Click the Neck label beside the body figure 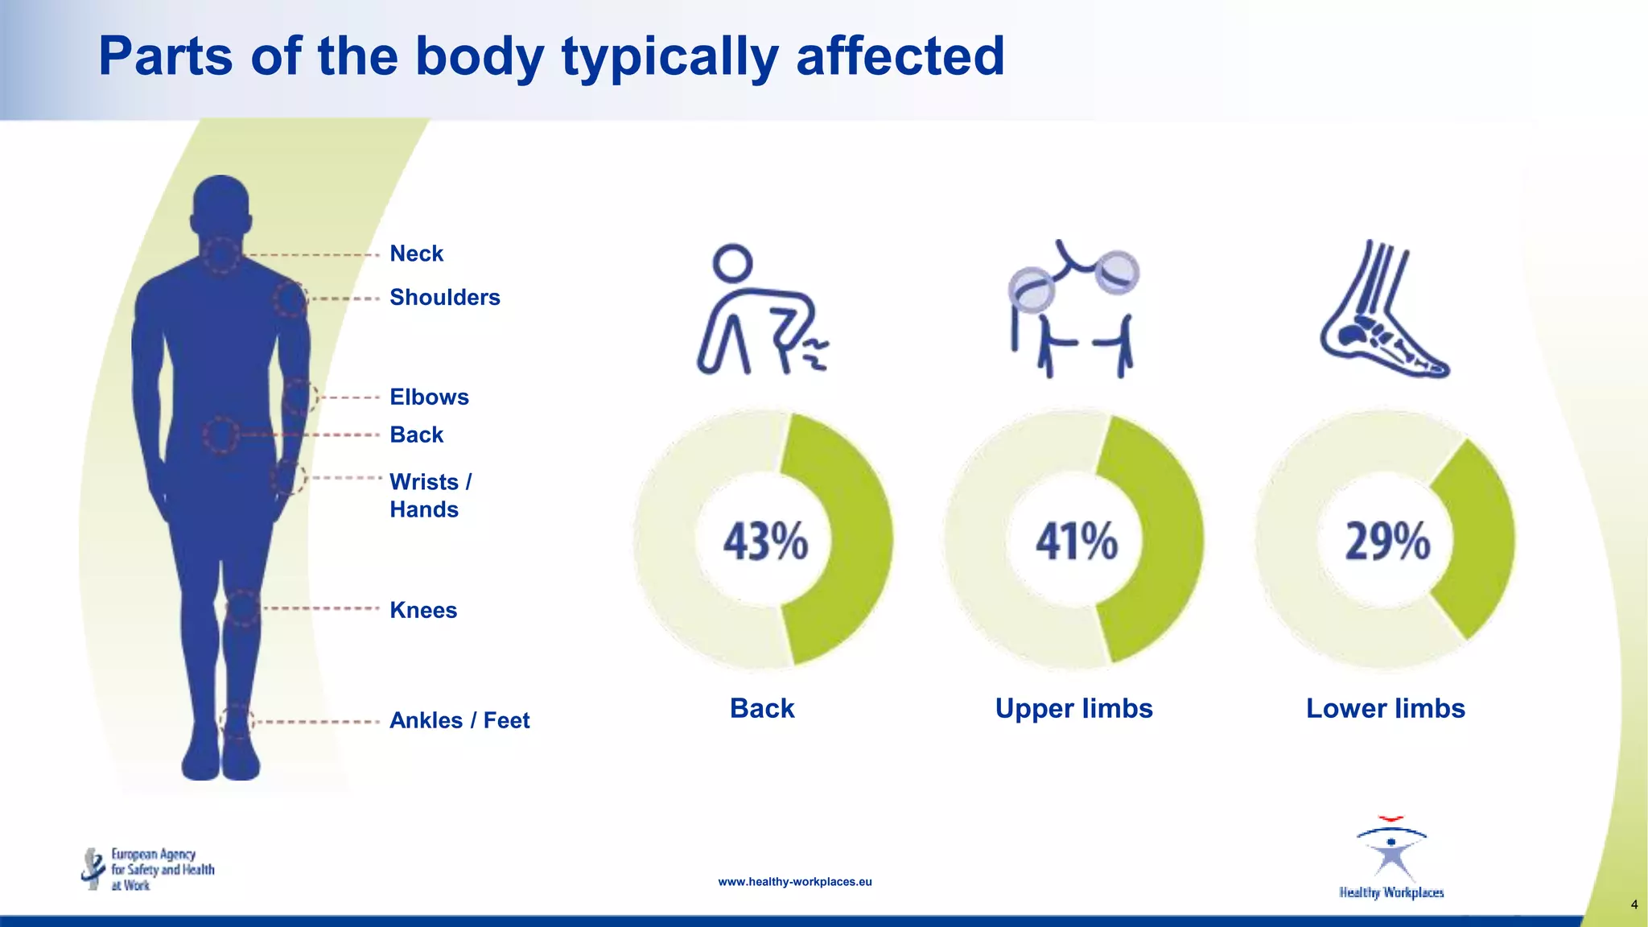point(416,253)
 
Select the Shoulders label point(444,297)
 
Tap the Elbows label point(429,397)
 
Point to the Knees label point(423,610)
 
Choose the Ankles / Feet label point(459,720)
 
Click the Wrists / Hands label point(431,495)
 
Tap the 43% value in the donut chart point(764,541)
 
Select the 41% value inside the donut point(1076,541)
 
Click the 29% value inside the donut point(1387,541)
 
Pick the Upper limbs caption point(1073,708)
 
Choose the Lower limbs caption point(1385,708)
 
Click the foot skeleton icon point(1383,310)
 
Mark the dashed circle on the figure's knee point(242,608)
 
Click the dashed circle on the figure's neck point(220,255)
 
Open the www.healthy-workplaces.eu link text point(794,882)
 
